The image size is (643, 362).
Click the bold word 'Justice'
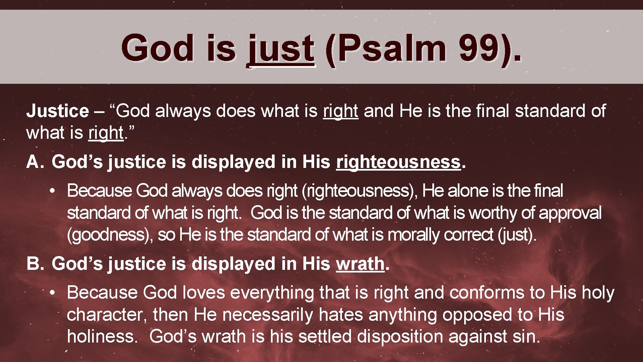point(58,111)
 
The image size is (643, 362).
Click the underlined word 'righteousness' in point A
point(399,162)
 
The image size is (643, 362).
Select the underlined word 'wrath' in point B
point(360,264)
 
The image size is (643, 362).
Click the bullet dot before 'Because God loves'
point(52,293)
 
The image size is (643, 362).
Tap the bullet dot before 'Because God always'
point(52,191)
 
